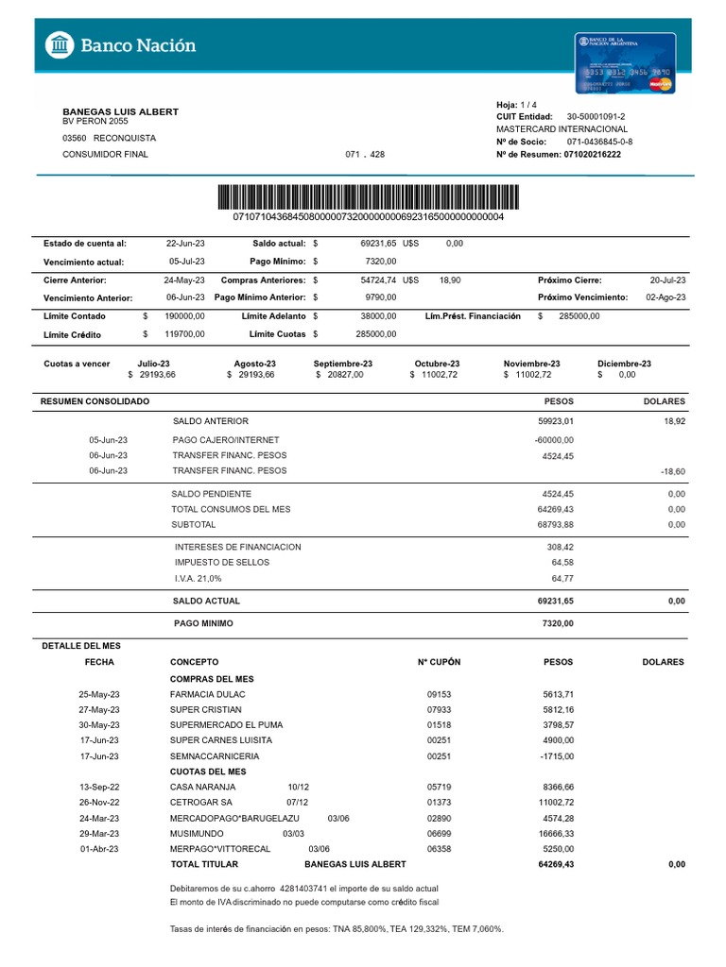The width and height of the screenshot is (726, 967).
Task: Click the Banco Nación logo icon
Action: pos(60,44)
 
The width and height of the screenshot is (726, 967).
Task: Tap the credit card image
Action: pos(625,62)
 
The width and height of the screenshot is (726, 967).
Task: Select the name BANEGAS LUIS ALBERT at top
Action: pos(120,111)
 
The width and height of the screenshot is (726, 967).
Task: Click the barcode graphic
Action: pos(369,197)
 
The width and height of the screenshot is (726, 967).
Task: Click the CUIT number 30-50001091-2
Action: pos(596,116)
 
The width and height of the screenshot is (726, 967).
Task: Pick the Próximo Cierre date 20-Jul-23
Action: pos(668,280)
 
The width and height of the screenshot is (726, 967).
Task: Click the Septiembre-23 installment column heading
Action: pos(342,364)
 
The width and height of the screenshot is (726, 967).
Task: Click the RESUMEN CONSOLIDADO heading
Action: pos(95,401)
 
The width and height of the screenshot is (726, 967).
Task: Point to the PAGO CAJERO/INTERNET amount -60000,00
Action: pos(554,440)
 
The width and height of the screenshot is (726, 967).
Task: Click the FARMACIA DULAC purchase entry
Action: pos(207,694)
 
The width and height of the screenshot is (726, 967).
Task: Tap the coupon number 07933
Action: pos(440,709)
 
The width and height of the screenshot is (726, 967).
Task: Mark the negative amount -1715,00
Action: pos(554,756)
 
